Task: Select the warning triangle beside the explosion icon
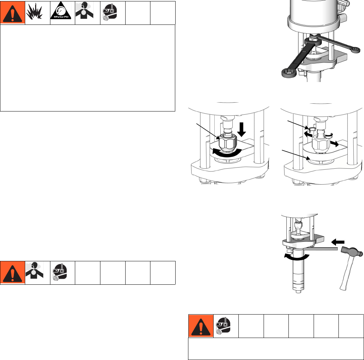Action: (x=12, y=13)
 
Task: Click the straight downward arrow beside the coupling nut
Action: (x=242, y=130)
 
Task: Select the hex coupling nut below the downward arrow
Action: (x=228, y=143)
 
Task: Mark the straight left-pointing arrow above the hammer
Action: (x=338, y=242)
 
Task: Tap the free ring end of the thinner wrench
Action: (x=355, y=49)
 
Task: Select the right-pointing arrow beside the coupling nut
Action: (x=334, y=144)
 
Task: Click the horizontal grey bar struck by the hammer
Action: (x=321, y=249)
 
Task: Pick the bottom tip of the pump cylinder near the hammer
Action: (x=298, y=291)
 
